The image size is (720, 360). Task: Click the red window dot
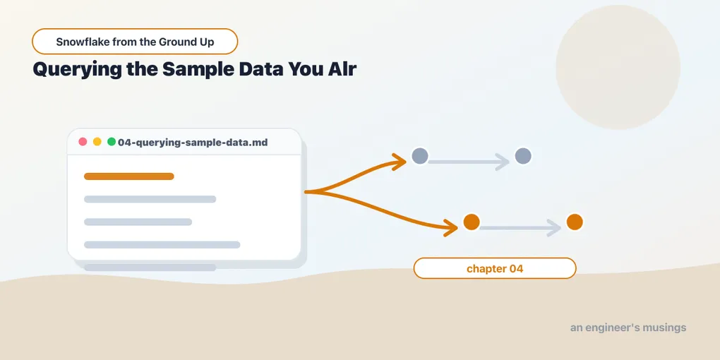click(x=83, y=142)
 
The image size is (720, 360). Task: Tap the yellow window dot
click(x=97, y=142)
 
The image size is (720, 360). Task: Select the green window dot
click(x=111, y=142)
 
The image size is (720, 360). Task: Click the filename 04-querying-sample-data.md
click(x=193, y=143)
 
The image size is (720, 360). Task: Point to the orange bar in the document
click(x=129, y=176)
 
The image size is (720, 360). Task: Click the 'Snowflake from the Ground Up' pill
click(x=135, y=42)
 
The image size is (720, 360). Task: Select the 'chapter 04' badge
click(x=495, y=268)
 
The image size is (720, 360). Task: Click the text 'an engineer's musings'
click(x=628, y=328)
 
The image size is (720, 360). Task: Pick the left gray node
click(x=420, y=156)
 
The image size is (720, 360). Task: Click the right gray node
click(x=523, y=156)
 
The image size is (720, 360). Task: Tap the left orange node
click(x=471, y=222)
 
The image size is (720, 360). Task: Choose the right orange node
click(x=575, y=222)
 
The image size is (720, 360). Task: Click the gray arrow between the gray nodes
click(x=469, y=162)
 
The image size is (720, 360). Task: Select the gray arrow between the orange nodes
click(x=520, y=228)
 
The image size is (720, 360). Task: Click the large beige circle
click(x=618, y=67)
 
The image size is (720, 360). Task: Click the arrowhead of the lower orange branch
click(x=451, y=227)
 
